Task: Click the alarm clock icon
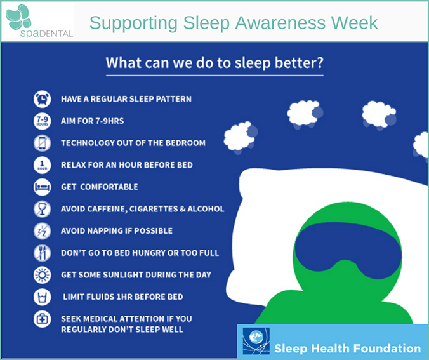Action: point(42,99)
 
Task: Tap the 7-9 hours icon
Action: point(42,121)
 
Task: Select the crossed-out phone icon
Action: point(42,143)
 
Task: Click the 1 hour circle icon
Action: point(42,165)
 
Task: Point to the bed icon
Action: point(42,187)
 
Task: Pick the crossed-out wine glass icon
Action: point(42,209)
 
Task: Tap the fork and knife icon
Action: point(42,253)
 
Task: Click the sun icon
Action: point(42,275)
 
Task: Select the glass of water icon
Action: point(42,297)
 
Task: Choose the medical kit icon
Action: point(42,319)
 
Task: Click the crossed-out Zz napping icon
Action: point(42,230)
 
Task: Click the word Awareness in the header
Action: point(280,22)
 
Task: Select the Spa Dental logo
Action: point(39,21)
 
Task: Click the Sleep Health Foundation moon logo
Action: point(256,341)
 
